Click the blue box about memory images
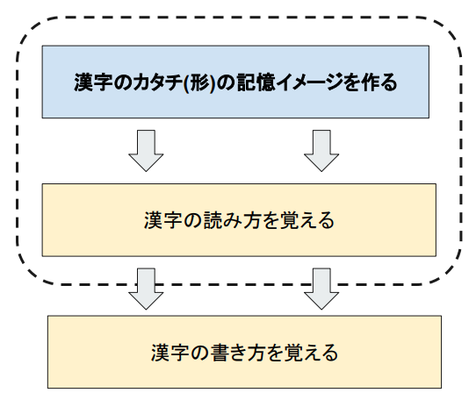tap(235, 82)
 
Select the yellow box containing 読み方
tap(239, 220)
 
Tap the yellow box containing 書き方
tap(244, 352)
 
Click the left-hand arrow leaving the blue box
tap(146, 151)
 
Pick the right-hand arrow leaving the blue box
tap(321, 151)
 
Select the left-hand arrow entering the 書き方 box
tap(146, 289)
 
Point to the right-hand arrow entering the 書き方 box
tap(321, 289)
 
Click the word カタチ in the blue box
tap(157, 82)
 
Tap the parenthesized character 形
tap(199, 82)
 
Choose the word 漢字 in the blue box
tap(92, 82)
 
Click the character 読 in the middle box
tap(213, 220)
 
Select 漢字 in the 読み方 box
tap(162, 220)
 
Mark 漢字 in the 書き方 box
tap(169, 353)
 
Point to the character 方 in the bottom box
tap(256, 353)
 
